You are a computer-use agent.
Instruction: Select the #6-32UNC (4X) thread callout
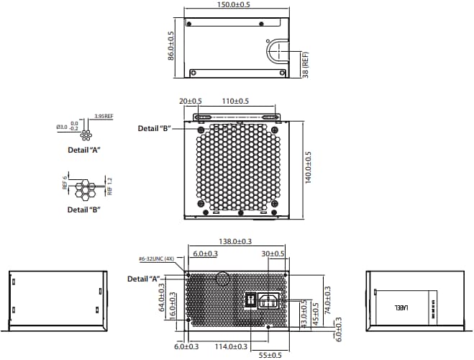tap(157, 258)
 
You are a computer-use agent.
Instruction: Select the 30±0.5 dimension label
tap(273, 253)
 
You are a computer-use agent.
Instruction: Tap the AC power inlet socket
tap(268, 300)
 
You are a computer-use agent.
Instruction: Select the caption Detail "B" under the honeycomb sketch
tap(83, 210)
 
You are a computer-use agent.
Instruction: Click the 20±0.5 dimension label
tap(191, 102)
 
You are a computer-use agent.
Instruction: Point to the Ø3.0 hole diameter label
tap(62, 127)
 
